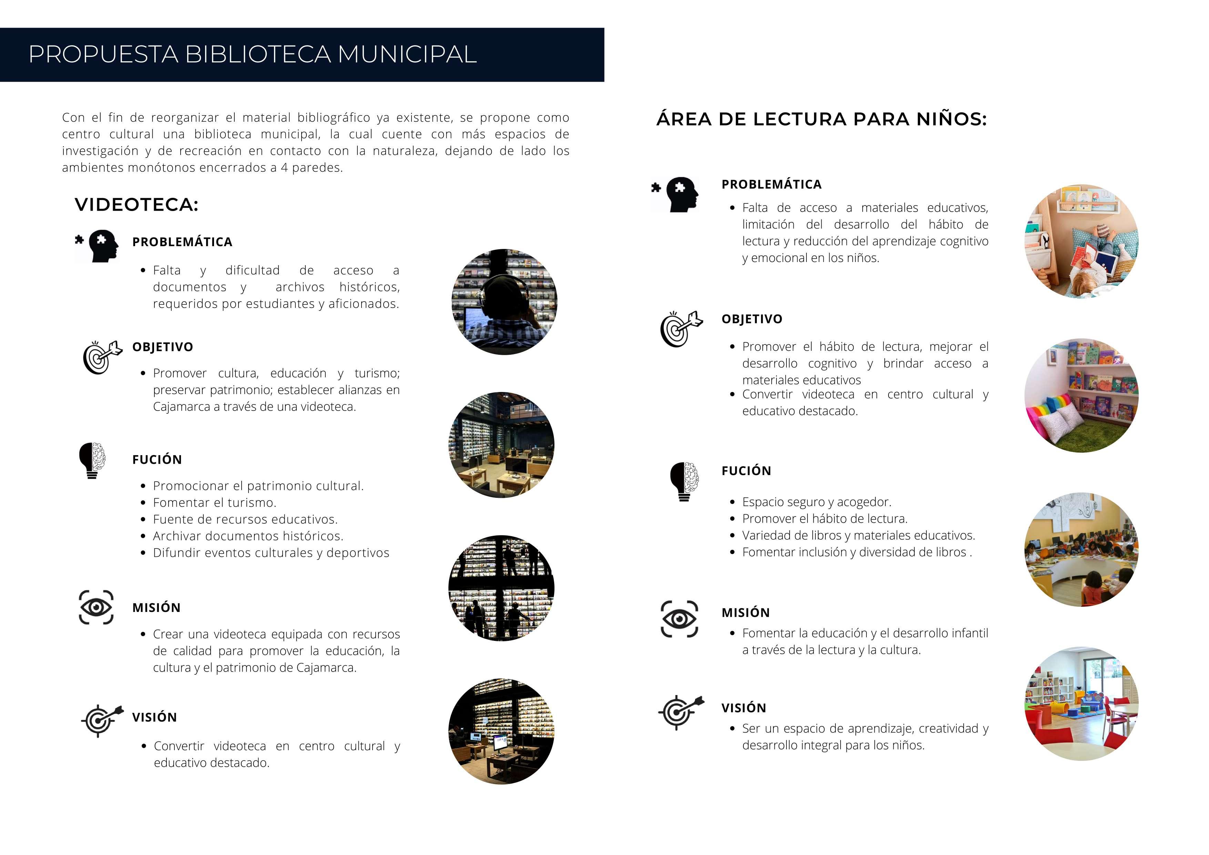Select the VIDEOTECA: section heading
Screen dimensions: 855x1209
[136, 204]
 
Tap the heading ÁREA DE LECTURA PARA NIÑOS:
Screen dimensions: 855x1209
[821, 119]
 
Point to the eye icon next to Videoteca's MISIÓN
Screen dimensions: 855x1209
[96, 607]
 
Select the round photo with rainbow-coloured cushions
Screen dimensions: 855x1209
[1081, 395]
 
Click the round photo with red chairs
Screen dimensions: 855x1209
[1081, 704]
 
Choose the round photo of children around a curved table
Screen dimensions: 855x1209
[1081, 550]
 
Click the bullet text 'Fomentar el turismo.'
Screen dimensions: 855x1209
[214, 503]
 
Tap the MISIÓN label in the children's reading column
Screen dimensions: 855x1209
[745, 613]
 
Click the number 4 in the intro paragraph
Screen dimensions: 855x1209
[284, 168]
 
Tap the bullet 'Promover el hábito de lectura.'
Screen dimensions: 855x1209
[825, 519]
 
